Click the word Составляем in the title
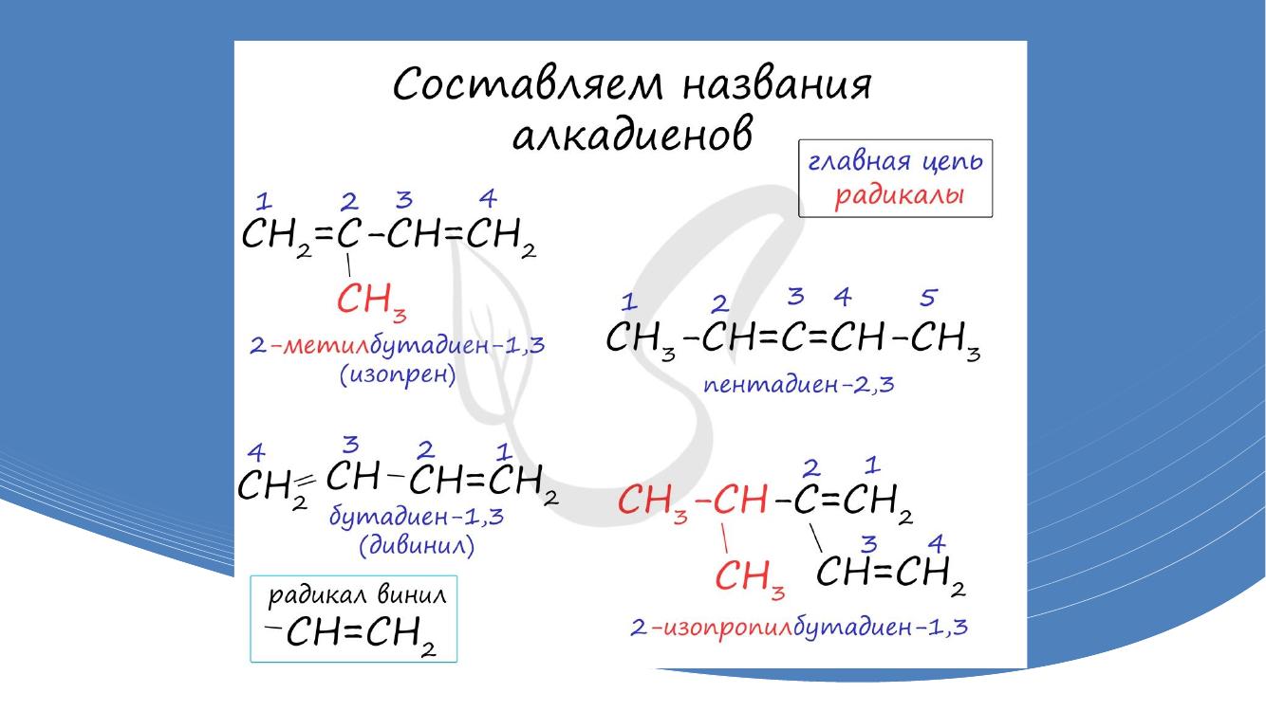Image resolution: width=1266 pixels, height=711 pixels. pyautogui.click(x=528, y=84)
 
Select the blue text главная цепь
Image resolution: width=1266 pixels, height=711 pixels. pyautogui.click(x=895, y=161)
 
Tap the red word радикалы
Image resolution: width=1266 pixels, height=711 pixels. pyautogui.click(x=899, y=196)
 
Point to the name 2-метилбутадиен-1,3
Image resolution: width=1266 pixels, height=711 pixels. pyautogui.click(x=398, y=345)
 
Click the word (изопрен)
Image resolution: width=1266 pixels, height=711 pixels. pyautogui.click(x=398, y=375)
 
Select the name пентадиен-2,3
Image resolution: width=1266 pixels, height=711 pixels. pyautogui.click(x=798, y=385)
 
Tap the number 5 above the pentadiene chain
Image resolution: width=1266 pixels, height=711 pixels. pyautogui.click(x=928, y=298)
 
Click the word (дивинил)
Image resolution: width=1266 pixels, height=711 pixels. pyautogui.click(x=417, y=545)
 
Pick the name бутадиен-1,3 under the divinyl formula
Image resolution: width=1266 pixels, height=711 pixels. pyautogui.click(x=416, y=516)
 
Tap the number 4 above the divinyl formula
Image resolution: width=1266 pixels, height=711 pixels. pyautogui.click(x=256, y=452)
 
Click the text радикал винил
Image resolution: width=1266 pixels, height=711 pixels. pyautogui.click(x=357, y=595)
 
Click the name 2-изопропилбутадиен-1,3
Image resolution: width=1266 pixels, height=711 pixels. pyautogui.click(x=798, y=627)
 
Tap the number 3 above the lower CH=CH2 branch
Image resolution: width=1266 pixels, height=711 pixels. pyautogui.click(x=868, y=544)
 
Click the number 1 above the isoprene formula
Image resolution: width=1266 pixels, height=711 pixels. pyautogui.click(x=264, y=201)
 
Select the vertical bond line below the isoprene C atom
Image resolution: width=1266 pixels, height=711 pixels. pyautogui.click(x=348, y=264)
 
